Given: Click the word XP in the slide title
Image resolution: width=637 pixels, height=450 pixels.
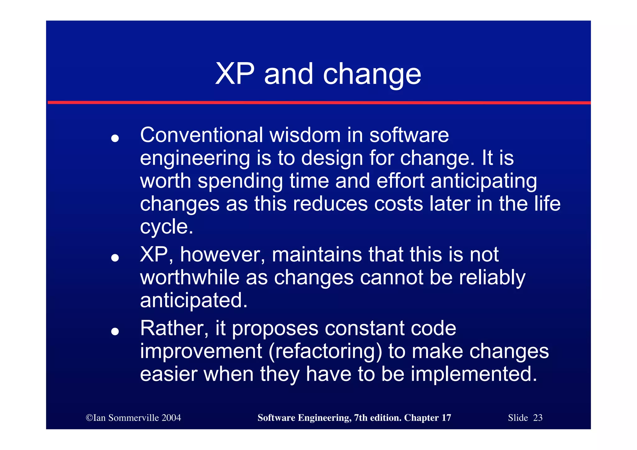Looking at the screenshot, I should [235, 74].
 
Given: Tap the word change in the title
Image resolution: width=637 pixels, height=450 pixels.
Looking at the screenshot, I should [372, 75].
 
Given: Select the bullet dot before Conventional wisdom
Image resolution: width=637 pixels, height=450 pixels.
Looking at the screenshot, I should [115, 138].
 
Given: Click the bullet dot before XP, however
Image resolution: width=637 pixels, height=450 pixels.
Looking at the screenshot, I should [115, 257].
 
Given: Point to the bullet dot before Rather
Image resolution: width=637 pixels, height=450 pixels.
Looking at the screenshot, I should [115, 331].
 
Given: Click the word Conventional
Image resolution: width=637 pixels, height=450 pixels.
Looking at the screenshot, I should [202, 135].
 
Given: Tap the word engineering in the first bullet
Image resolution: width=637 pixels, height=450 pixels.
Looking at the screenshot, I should [195, 158].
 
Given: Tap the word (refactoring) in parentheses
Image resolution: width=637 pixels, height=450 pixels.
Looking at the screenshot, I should [325, 351].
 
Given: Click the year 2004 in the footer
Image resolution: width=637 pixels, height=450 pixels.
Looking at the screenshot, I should [171, 418].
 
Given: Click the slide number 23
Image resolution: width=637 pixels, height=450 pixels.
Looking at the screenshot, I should [538, 418].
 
